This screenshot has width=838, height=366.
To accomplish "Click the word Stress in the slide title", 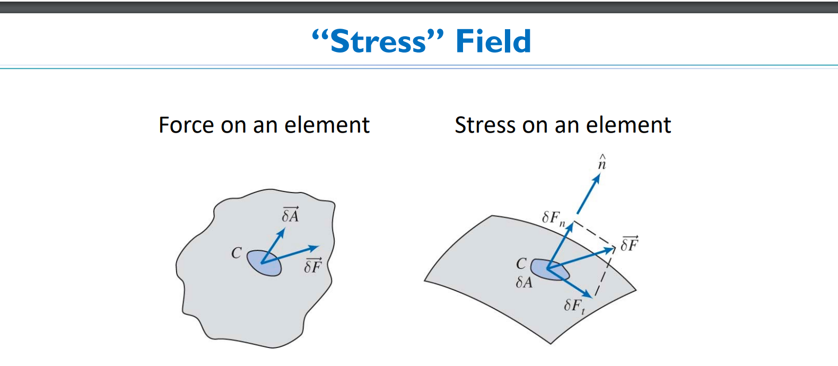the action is point(378,41).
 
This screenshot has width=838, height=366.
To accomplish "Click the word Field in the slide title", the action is point(493,41).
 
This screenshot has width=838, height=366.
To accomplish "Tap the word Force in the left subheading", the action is point(187,125).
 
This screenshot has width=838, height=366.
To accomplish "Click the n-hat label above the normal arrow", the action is point(601,162).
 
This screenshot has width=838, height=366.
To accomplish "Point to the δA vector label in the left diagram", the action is point(290,214).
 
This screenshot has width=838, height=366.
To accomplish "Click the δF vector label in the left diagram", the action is point(313,266).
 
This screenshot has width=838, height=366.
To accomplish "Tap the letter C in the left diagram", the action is point(237,253).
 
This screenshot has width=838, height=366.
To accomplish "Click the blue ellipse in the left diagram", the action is point(264,263).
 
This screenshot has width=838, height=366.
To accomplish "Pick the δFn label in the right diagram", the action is point(553,218).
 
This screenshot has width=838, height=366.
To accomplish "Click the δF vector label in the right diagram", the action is point(629,244).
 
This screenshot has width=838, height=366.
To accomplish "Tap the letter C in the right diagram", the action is point(521,264).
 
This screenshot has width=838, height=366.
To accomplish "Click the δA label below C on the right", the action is point(524,282).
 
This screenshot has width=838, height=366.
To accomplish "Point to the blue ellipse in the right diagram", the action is point(550,270).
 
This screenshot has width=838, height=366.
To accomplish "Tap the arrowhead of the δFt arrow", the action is point(588,294).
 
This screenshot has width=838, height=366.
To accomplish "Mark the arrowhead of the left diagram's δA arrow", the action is point(281,233).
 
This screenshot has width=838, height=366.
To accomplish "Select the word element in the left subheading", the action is point(327,125).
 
